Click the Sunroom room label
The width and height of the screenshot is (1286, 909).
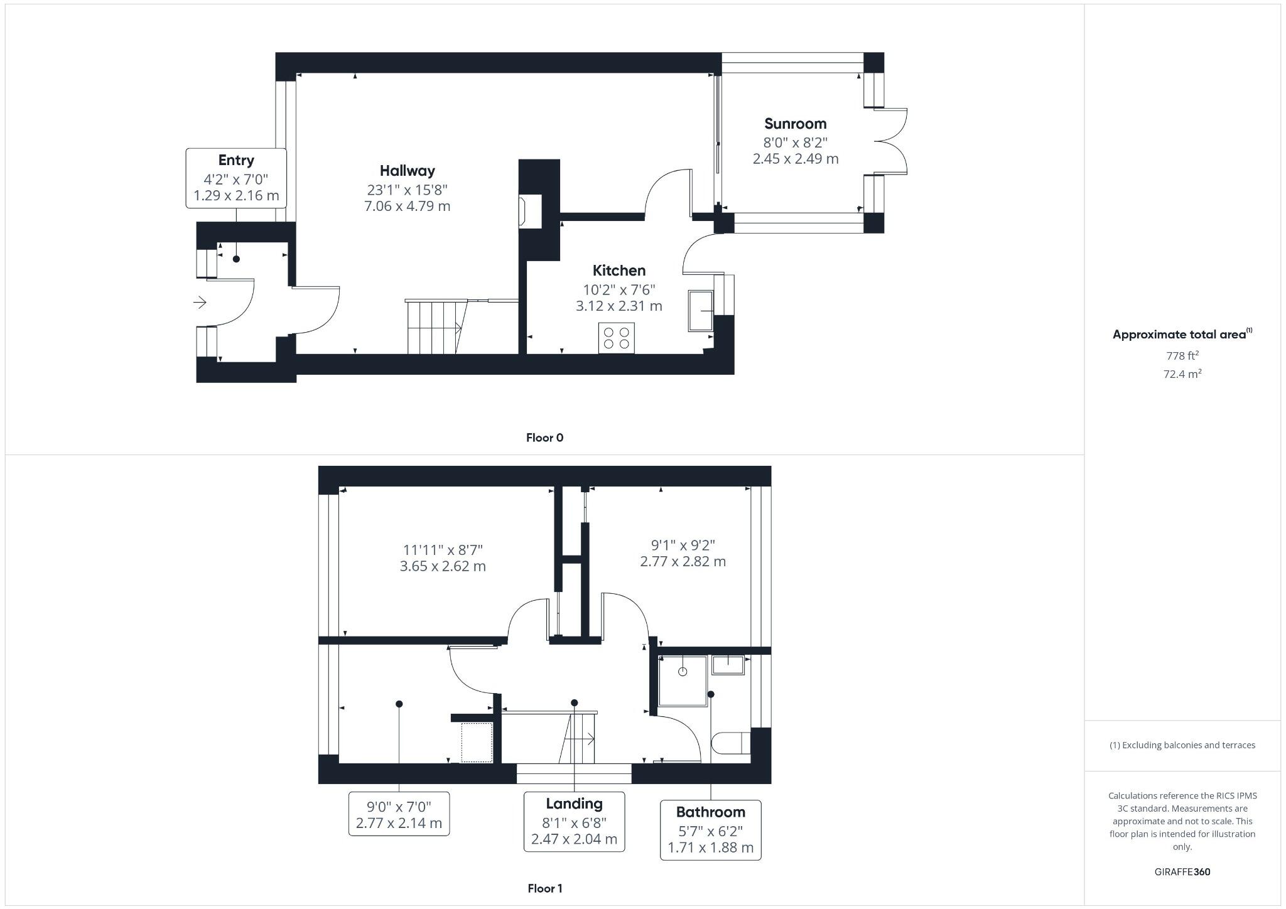pyautogui.click(x=795, y=124)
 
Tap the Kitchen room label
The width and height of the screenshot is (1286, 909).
pyautogui.click(x=619, y=271)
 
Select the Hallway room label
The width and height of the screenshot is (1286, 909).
pyautogui.click(x=407, y=171)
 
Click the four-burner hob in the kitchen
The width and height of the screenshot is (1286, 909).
pyautogui.click(x=616, y=338)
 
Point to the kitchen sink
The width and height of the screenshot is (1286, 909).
pyautogui.click(x=701, y=310)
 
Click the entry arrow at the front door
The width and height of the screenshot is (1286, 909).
pyautogui.click(x=200, y=303)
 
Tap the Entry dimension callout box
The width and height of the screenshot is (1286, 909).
pyautogui.click(x=236, y=178)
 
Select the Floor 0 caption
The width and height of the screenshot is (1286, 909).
pyautogui.click(x=544, y=438)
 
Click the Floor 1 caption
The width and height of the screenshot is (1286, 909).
pyautogui.click(x=544, y=888)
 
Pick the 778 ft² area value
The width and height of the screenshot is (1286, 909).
pyautogui.click(x=1182, y=355)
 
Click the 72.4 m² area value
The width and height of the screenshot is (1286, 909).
pyautogui.click(x=1182, y=374)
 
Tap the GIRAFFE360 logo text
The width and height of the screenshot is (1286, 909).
pyautogui.click(x=1182, y=871)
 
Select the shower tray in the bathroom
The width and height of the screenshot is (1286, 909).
pyautogui.click(x=683, y=681)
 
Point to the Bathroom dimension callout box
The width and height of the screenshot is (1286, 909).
pyautogui.click(x=710, y=830)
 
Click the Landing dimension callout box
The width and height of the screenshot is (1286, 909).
pyautogui.click(x=574, y=822)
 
